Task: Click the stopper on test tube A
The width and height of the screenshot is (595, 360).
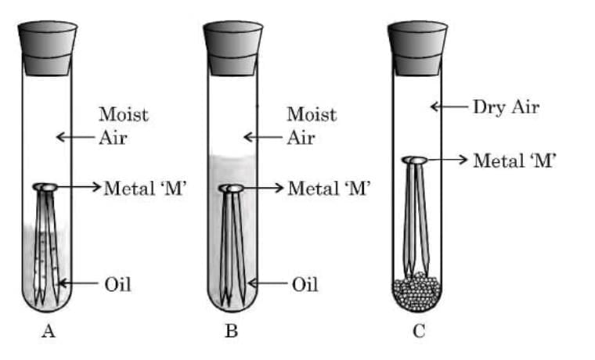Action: click(x=47, y=49)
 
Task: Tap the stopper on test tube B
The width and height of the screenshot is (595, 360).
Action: click(x=233, y=49)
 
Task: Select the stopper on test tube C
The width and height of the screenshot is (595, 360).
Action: click(x=416, y=49)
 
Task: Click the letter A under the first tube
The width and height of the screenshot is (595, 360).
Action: click(x=48, y=332)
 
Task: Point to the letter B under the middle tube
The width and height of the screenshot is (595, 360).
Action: click(x=232, y=332)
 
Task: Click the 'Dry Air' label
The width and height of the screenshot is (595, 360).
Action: click(x=506, y=107)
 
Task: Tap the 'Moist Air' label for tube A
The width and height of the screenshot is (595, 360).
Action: click(x=123, y=125)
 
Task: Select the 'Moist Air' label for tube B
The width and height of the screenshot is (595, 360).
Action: click(x=311, y=125)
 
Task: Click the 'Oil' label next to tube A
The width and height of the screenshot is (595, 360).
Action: click(x=117, y=283)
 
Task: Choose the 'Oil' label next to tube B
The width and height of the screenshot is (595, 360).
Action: click(x=305, y=283)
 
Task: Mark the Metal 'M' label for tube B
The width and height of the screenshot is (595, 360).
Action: click(x=329, y=189)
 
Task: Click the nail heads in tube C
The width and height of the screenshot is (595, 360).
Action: click(x=415, y=160)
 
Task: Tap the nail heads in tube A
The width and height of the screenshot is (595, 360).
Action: click(x=46, y=187)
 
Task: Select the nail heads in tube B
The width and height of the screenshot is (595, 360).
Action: click(x=232, y=189)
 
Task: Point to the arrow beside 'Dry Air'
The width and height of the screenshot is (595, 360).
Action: click(x=447, y=107)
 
